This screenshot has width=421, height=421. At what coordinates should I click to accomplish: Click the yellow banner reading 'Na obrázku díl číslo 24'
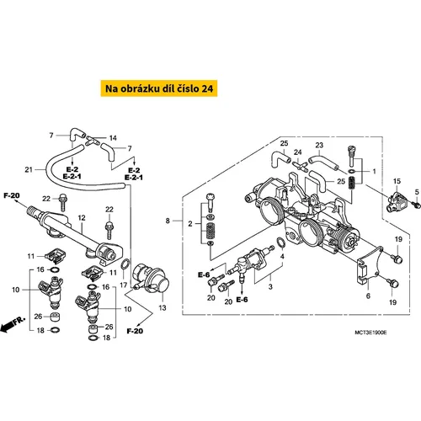coord(159,88)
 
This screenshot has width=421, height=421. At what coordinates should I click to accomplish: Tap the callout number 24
coord(297,152)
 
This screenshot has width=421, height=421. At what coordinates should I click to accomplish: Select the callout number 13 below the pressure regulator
coord(163,307)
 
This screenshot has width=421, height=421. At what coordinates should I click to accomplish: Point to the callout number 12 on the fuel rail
coord(82,217)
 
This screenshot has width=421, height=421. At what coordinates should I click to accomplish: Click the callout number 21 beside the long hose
coord(29,169)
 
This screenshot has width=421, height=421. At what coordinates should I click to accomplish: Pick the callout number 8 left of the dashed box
coord(168,221)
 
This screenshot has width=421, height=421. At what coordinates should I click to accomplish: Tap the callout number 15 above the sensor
coord(397,181)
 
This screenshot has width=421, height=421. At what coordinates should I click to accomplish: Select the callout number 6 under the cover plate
coord(368,296)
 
